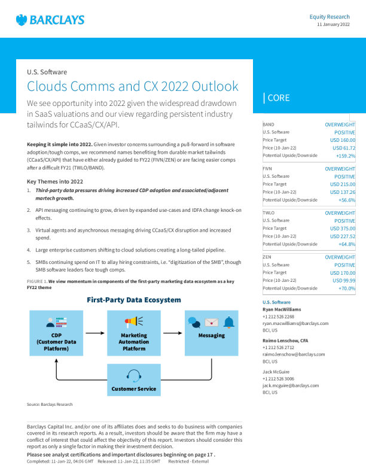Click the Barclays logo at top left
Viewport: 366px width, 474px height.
point(50,20)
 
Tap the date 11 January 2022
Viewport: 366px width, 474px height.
point(333,25)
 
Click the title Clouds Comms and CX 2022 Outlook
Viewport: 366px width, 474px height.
point(133,86)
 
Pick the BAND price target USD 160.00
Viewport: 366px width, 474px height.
point(343,139)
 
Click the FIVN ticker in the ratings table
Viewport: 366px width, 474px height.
point(267,169)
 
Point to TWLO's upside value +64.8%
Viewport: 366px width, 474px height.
point(347,244)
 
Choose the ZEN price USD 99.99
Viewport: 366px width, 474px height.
point(344,280)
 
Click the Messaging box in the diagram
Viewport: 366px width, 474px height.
point(211,332)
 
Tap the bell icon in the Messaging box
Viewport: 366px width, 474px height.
point(228,323)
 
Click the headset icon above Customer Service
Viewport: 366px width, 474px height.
point(134,375)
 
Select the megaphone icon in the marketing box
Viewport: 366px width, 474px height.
point(134,322)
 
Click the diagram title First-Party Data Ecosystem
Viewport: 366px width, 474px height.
point(134,299)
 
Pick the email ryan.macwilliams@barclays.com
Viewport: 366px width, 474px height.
point(295,323)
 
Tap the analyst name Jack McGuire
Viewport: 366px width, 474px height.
point(278,371)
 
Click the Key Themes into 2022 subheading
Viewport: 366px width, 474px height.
point(55,181)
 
